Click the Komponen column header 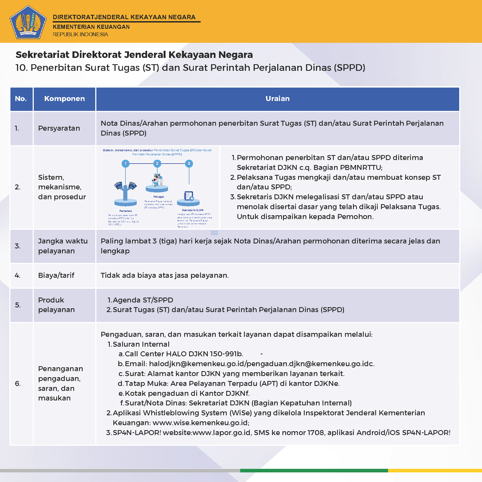(65, 99)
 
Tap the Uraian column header (278, 99)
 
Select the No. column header (21, 99)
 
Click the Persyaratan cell (59, 128)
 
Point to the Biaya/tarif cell (56, 275)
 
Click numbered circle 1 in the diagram (125, 164)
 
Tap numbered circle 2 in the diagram (157, 164)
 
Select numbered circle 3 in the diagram (189, 164)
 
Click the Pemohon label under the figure (125, 211)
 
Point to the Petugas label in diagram (159, 197)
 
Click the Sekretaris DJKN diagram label (192, 210)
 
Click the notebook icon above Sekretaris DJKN (189, 196)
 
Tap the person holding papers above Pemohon (125, 189)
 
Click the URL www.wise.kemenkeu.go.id (200, 423)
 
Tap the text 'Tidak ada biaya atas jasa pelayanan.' (165, 275)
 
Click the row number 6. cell (18, 383)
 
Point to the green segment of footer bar (314, 470)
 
